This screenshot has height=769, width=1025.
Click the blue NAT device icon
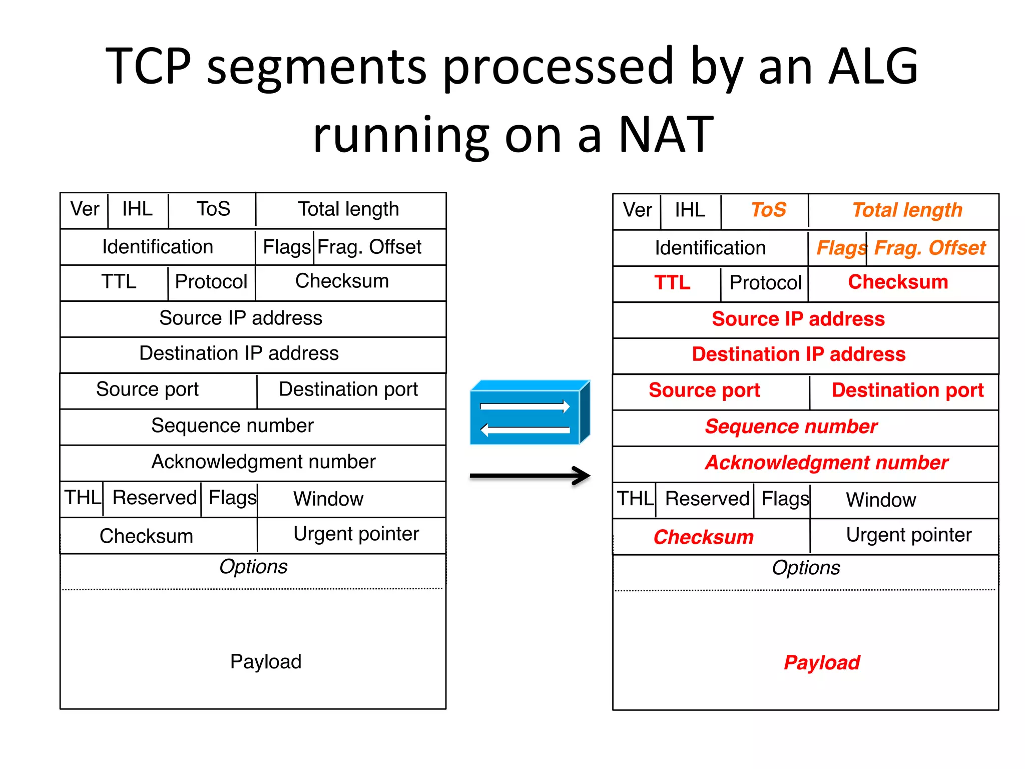tap(530, 413)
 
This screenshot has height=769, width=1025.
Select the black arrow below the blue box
tap(530, 476)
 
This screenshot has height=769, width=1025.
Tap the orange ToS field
tap(768, 210)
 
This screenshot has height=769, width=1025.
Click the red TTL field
tap(672, 283)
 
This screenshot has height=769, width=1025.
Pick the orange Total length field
tap(907, 210)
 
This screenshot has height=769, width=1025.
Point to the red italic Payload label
tap(821, 662)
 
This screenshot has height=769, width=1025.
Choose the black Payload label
tap(266, 661)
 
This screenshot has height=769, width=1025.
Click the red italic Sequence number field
tap(791, 427)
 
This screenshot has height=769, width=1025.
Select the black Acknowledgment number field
tap(263, 462)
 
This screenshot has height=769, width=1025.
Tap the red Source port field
tap(704, 390)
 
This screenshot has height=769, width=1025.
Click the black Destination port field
tap(348, 389)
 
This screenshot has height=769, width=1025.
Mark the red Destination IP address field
tap(798, 354)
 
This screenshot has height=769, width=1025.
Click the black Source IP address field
tap(241, 318)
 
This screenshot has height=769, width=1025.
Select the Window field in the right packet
tap(881, 500)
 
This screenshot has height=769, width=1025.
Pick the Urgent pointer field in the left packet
tap(356, 534)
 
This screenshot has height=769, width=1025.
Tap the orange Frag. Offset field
tap(929, 248)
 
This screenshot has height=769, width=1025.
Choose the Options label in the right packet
tap(806, 568)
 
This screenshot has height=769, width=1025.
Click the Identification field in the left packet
tap(158, 247)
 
